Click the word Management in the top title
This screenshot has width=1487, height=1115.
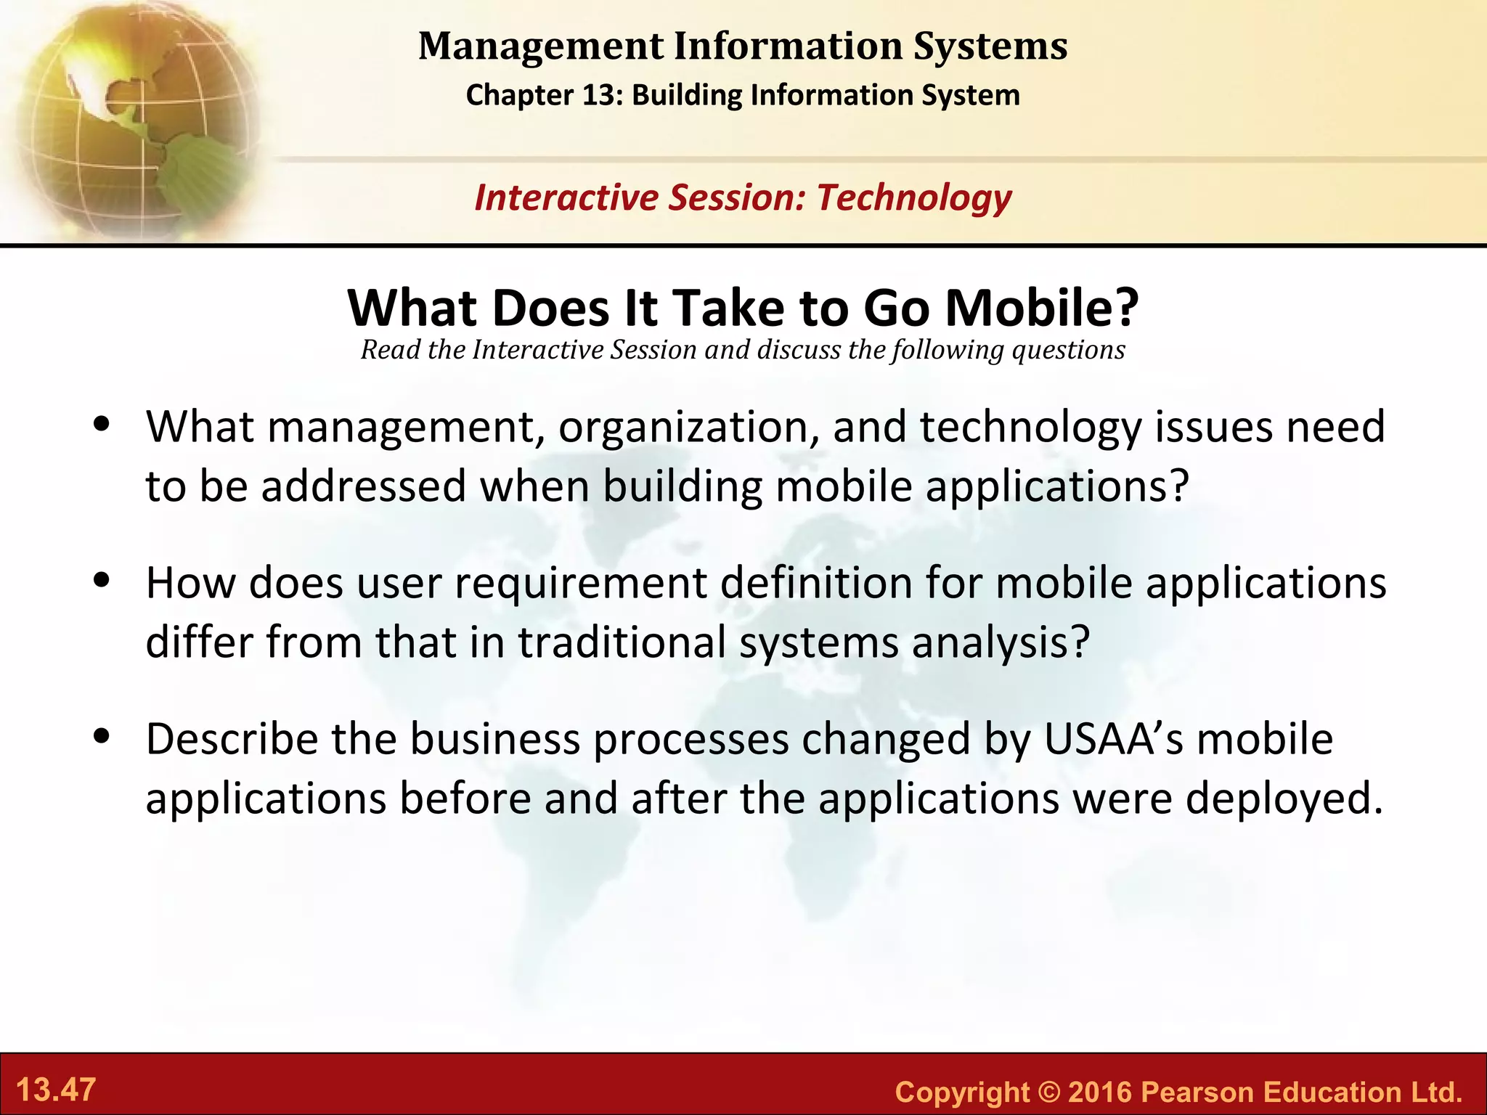(x=541, y=46)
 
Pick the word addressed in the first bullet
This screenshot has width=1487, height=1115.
(x=363, y=486)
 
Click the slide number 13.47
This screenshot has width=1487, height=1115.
(x=56, y=1090)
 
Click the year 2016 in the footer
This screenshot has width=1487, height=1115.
(x=1101, y=1092)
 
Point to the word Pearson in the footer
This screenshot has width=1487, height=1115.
(x=1198, y=1092)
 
